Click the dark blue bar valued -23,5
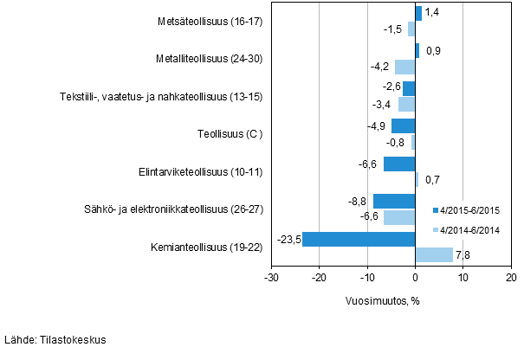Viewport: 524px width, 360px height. click(359, 238)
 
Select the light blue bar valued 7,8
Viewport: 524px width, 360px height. click(434, 254)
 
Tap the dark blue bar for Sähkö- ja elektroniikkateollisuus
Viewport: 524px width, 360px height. click(394, 201)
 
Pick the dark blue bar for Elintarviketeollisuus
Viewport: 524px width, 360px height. click(399, 164)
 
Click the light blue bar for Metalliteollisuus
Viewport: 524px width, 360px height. click(405, 67)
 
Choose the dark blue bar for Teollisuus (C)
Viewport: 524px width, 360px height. click(404, 125)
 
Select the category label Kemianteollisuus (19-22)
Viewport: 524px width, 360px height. click(206, 246)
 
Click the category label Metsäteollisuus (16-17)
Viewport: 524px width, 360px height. click(211, 21)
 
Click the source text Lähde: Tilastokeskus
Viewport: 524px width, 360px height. click(55, 340)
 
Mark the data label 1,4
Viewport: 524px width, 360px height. click(433, 12)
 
